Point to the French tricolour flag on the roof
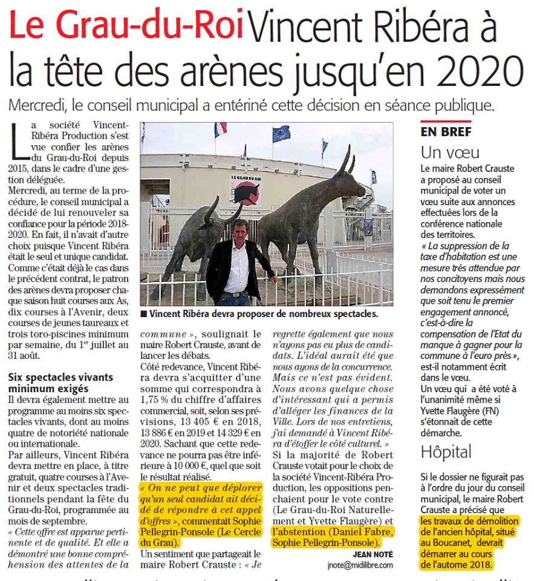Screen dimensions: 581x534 point(220,130)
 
